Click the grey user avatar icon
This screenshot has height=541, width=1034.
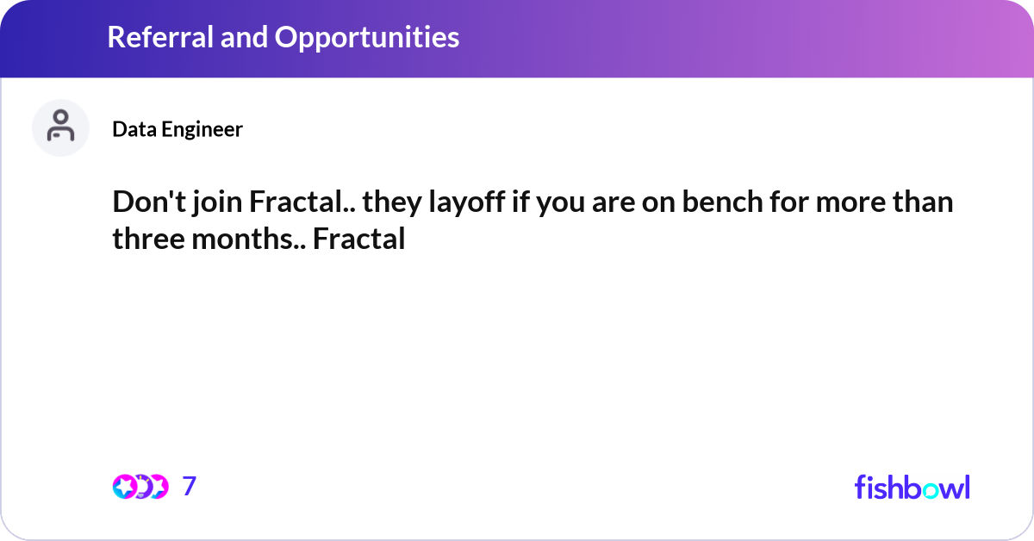(60, 127)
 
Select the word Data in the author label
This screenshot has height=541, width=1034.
(130, 129)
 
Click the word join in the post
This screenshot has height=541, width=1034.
(213, 203)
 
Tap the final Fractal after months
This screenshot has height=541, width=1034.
(358, 239)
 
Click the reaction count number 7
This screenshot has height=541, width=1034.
(190, 486)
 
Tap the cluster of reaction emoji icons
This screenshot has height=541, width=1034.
(140, 486)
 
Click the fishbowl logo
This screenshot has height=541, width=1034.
(912, 487)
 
